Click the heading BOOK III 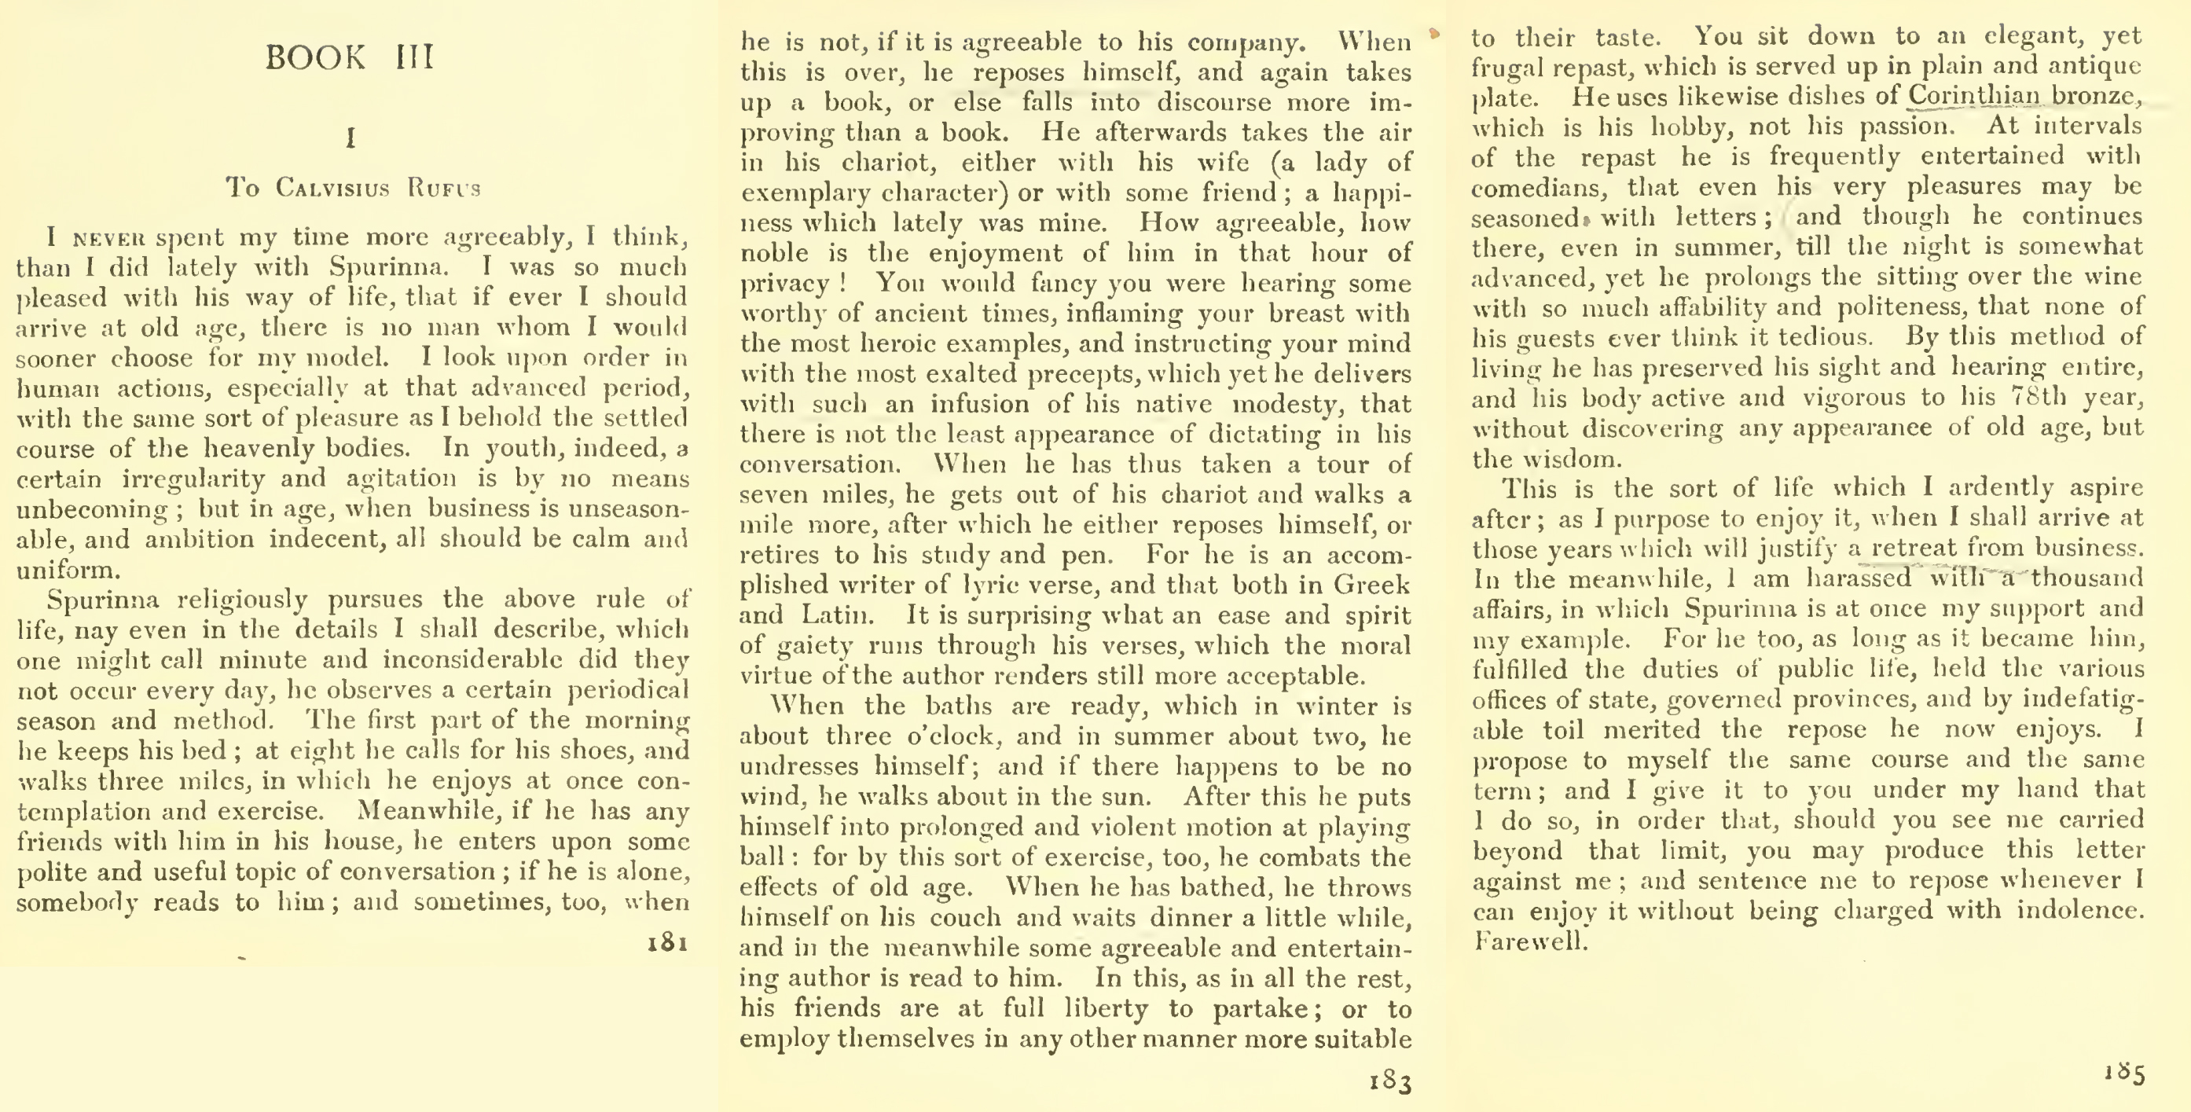point(350,58)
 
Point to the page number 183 point(1391,1081)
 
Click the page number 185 point(2123,1072)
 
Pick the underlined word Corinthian point(1973,95)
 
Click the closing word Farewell point(1530,941)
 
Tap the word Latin point(837,615)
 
